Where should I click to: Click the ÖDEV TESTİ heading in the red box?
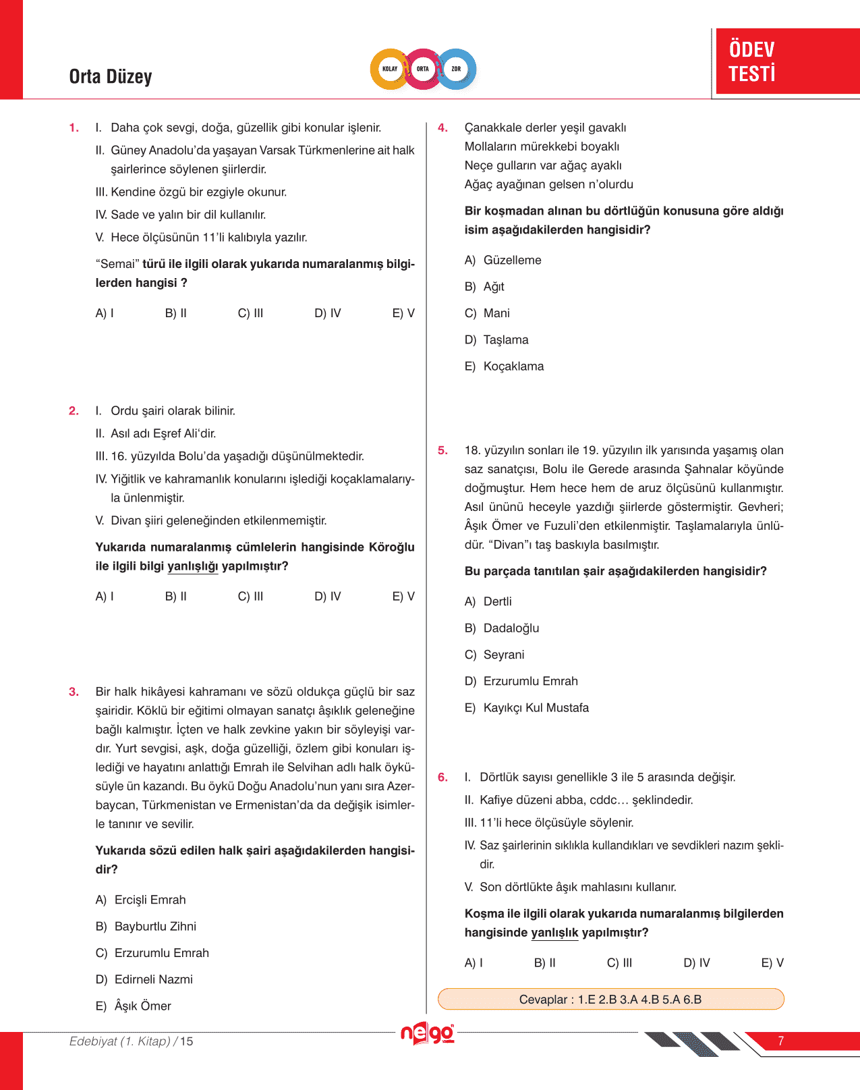(x=752, y=61)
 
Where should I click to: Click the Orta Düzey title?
(x=111, y=77)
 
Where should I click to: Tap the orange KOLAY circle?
(x=390, y=69)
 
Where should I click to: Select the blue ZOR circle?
(x=457, y=69)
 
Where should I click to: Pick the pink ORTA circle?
(x=423, y=69)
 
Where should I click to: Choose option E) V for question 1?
(x=403, y=313)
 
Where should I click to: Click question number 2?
(x=74, y=411)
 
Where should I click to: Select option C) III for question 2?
(x=250, y=597)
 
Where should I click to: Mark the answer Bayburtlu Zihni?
(x=155, y=927)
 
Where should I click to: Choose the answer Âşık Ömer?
(x=142, y=1006)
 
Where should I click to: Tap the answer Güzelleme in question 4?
(x=512, y=261)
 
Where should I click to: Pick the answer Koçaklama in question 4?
(x=513, y=366)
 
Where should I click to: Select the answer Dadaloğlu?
(x=511, y=628)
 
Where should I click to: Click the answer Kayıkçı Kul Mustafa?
(x=536, y=708)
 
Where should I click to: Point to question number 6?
(x=442, y=778)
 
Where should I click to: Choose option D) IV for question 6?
(x=697, y=963)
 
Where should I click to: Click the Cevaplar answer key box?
(x=610, y=1000)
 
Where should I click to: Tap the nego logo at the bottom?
(x=428, y=1033)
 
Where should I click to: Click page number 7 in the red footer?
(x=780, y=1041)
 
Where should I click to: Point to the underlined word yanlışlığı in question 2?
(x=192, y=566)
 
